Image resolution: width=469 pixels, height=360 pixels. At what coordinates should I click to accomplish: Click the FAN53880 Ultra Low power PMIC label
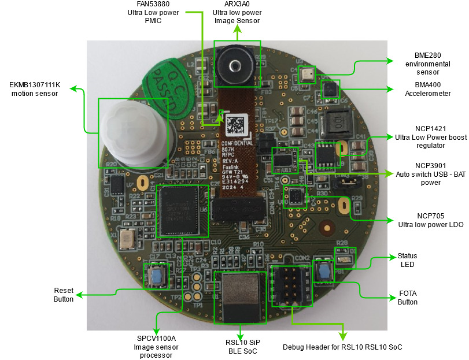(x=154, y=12)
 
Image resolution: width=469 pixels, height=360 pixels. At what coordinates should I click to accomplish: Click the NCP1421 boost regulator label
(x=430, y=137)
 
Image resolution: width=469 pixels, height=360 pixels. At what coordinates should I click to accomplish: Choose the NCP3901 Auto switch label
(x=430, y=173)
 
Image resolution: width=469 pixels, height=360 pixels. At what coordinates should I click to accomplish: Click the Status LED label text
(x=407, y=260)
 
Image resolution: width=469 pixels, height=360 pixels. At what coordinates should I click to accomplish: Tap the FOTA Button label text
(x=407, y=298)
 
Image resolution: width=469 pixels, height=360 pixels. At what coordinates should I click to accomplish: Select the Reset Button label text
(x=64, y=294)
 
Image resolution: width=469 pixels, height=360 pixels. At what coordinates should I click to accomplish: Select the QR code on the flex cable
(x=235, y=125)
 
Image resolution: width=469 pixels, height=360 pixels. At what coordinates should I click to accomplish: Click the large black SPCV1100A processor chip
(x=183, y=210)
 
